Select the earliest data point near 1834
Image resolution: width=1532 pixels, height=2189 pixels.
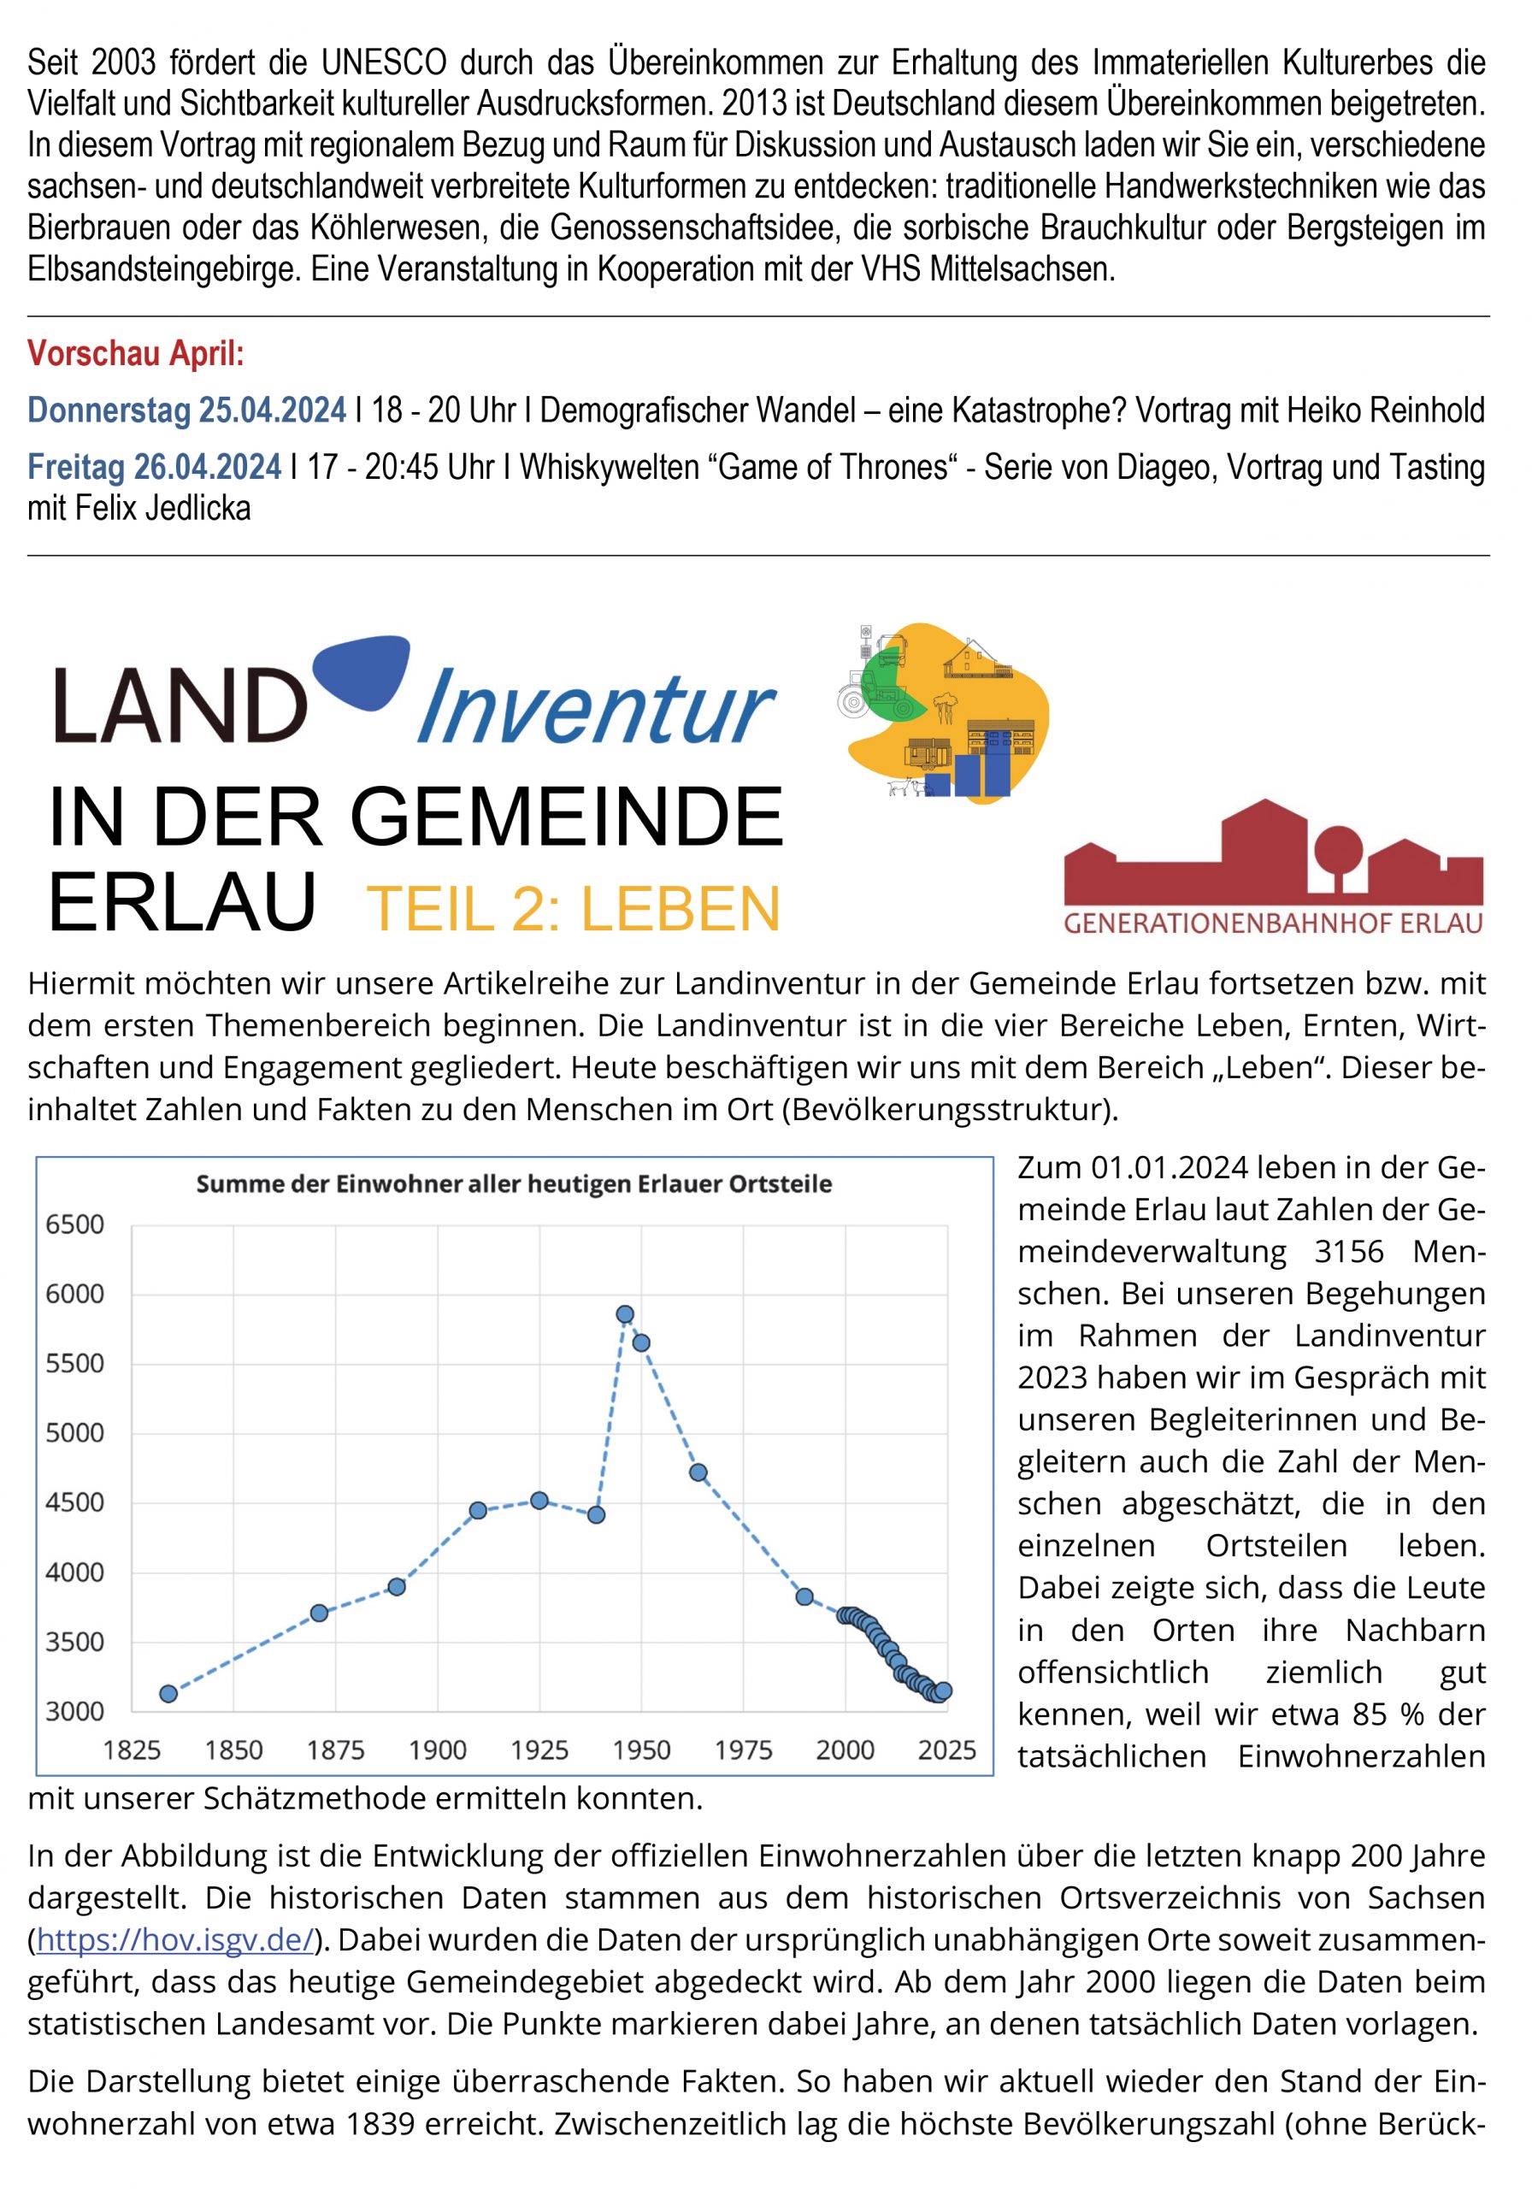[168, 1693]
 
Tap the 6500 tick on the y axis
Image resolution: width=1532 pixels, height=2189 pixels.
[74, 1224]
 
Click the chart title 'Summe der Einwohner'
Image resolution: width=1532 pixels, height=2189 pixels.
[514, 1184]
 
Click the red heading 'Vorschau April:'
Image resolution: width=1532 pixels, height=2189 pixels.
[135, 354]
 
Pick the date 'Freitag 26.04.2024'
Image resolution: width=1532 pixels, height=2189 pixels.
[155, 467]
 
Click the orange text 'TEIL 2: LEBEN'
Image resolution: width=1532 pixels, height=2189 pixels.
[573, 909]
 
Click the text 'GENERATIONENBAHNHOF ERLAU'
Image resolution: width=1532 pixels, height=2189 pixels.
[1273, 923]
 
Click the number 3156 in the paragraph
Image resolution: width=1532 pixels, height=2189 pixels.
[1348, 1251]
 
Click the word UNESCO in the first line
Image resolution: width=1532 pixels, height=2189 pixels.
[384, 63]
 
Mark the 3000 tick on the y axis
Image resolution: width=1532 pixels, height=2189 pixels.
[74, 1710]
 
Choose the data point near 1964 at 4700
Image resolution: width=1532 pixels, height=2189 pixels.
[698, 1472]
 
